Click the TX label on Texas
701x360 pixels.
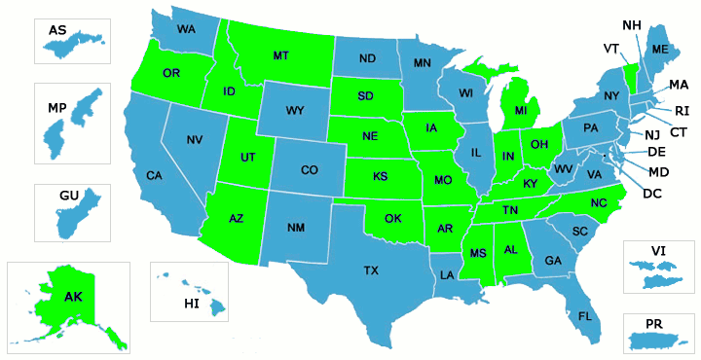pyautogui.click(x=371, y=270)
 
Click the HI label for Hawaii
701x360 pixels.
pyautogui.click(x=191, y=305)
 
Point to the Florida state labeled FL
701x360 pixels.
pyautogui.click(x=584, y=317)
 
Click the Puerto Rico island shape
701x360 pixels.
pyautogui.click(x=659, y=342)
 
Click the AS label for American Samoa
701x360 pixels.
pyautogui.click(x=57, y=31)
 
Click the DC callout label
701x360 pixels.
pyautogui.click(x=651, y=193)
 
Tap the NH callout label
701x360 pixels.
pyautogui.click(x=631, y=24)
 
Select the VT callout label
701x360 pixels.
pyautogui.click(x=611, y=48)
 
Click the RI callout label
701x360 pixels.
pyautogui.click(x=682, y=110)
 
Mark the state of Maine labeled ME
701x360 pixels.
pyautogui.click(x=660, y=50)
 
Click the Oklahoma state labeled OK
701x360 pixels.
pyautogui.click(x=392, y=218)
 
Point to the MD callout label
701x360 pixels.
pyautogui.click(x=657, y=172)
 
